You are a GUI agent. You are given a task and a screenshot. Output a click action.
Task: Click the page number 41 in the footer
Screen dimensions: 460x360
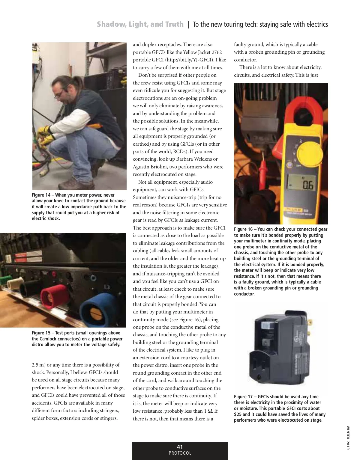(x=180, y=447)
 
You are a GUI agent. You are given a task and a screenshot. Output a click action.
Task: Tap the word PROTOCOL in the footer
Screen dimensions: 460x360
(x=180, y=453)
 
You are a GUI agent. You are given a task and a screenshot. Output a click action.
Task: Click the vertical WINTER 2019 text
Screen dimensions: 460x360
(x=348, y=438)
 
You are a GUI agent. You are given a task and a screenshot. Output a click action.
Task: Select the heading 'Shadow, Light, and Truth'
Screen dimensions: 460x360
(x=140, y=24)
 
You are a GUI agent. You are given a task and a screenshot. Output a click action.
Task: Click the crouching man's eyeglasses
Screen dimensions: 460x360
(x=59, y=93)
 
